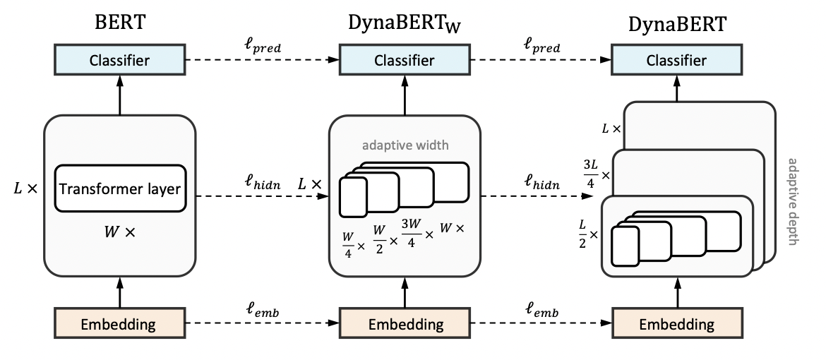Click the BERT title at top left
click(x=119, y=23)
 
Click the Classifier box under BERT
click(x=119, y=60)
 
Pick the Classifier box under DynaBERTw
click(x=405, y=60)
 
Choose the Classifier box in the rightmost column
click(x=676, y=60)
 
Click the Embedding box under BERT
click(x=119, y=324)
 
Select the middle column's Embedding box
click(x=405, y=324)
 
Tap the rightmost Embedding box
click(x=676, y=324)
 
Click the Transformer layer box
click(x=119, y=188)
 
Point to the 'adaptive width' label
click(x=405, y=146)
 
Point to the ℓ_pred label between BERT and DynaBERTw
click(x=261, y=47)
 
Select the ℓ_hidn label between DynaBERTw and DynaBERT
click(x=542, y=182)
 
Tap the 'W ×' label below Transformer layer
click(x=119, y=232)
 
